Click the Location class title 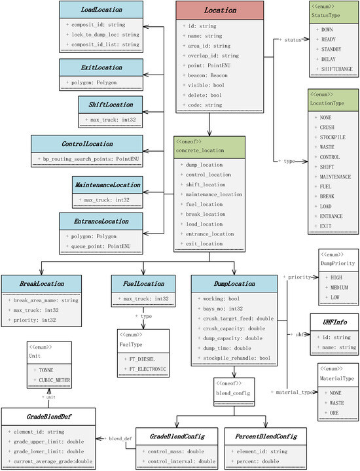tap(220, 11)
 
